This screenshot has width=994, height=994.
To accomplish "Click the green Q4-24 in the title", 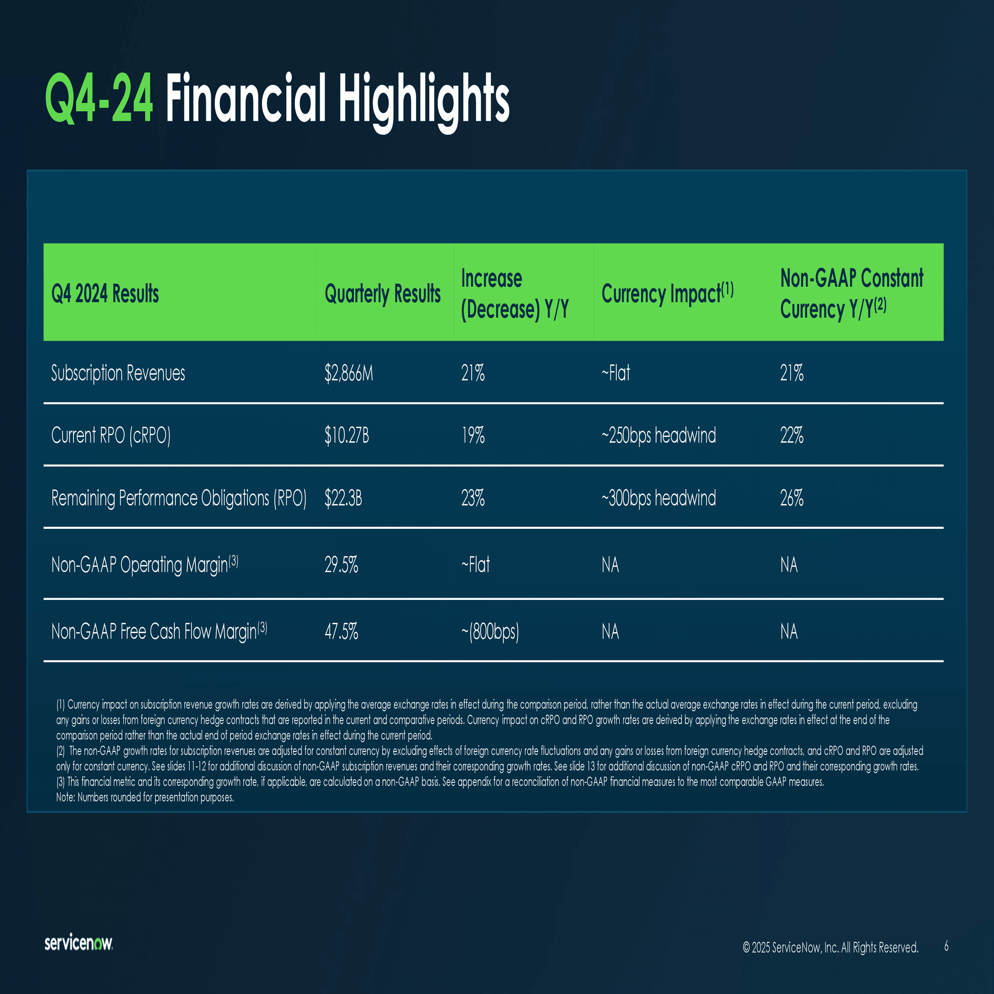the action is pyautogui.click(x=99, y=98).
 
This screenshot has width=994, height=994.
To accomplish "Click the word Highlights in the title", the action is pyautogui.click(x=423, y=102).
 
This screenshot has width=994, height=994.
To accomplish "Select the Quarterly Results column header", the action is pyautogui.click(x=382, y=294).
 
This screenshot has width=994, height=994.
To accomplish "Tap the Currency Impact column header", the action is pyautogui.click(x=667, y=293).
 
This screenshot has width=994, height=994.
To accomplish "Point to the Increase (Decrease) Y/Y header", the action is pyautogui.click(x=515, y=294).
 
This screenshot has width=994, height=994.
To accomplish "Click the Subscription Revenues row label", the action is pyautogui.click(x=118, y=373).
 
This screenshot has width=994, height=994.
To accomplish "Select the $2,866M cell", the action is pyautogui.click(x=349, y=373).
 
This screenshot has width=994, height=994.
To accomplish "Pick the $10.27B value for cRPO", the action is pyautogui.click(x=347, y=435).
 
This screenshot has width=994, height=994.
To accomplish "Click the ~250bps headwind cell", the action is pyautogui.click(x=659, y=435).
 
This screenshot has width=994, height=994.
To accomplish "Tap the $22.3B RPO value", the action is pyautogui.click(x=343, y=498).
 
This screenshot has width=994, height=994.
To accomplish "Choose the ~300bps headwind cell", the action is pyautogui.click(x=659, y=498).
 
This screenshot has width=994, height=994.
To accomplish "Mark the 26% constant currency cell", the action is pyautogui.click(x=792, y=498).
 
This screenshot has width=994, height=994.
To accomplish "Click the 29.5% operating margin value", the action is pyautogui.click(x=341, y=565).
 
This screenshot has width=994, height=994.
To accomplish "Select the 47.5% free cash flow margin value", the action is pyautogui.click(x=341, y=631).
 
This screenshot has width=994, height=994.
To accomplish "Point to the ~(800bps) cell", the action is pyautogui.click(x=490, y=631).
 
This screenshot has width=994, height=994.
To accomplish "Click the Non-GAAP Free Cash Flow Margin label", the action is pyautogui.click(x=159, y=631).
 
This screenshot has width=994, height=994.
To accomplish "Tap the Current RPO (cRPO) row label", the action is pyautogui.click(x=111, y=435).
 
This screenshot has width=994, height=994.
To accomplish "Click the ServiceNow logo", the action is pyautogui.click(x=79, y=943).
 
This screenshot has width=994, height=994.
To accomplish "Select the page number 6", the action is pyautogui.click(x=946, y=946).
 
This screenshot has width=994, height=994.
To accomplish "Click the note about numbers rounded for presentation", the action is pyautogui.click(x=145, y=798).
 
